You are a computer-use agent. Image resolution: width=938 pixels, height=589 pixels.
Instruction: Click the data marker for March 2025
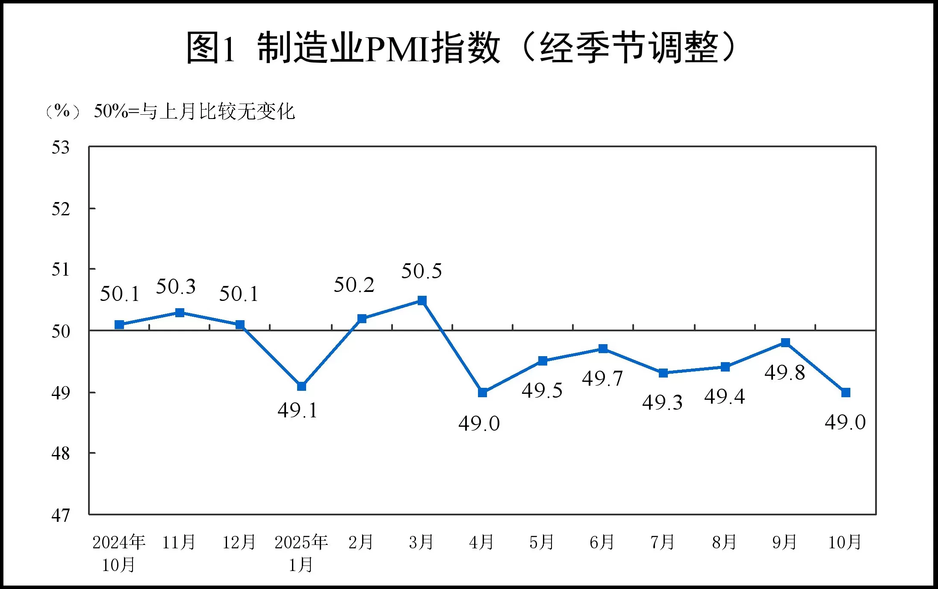422,300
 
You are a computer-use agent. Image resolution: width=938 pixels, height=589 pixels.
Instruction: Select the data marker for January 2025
301,386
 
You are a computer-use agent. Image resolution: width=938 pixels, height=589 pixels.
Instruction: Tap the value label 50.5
422,271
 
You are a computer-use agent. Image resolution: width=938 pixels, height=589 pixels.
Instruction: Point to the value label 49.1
298,411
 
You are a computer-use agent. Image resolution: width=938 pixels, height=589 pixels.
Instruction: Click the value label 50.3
176,286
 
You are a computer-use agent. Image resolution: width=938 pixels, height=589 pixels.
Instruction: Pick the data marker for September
785,342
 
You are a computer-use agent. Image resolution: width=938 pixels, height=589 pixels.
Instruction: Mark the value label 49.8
785,372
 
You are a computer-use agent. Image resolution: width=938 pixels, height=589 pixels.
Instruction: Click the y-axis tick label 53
60,148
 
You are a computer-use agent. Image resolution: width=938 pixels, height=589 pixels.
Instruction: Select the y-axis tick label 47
60,515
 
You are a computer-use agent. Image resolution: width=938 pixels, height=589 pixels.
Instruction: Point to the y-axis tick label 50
60,331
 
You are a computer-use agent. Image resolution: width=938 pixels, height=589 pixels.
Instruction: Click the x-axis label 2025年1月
301,553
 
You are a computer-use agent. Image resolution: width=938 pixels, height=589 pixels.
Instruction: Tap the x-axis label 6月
602,542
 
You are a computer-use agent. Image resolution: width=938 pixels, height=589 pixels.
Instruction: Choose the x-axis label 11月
179,542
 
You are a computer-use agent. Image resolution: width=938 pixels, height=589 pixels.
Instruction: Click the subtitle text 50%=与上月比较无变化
194,111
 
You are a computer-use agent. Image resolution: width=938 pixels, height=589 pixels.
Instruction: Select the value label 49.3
662,402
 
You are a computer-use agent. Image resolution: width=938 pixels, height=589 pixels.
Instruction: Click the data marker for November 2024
180,313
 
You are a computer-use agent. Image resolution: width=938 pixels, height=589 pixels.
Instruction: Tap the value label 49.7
602,378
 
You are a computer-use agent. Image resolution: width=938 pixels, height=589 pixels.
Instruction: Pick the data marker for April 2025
482,392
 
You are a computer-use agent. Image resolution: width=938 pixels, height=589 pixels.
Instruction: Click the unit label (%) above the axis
62,111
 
